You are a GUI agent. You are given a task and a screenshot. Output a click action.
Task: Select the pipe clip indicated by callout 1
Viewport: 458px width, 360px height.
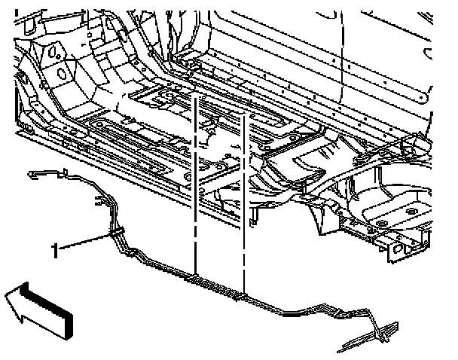pos(118,233)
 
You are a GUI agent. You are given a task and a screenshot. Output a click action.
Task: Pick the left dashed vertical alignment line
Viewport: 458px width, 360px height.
pos(196,188)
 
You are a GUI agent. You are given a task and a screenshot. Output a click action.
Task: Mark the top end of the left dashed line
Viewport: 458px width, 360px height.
pos(196,98)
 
